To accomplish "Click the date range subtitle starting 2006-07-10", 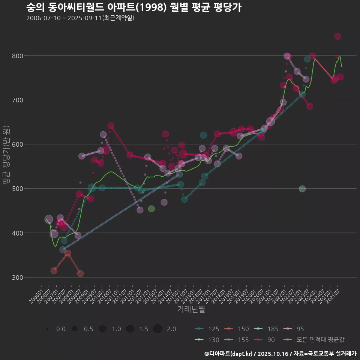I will coord(80,18).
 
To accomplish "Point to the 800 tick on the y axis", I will coord(18,56).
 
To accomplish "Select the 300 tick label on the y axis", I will coord(18,277).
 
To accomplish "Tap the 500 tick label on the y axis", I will coord(18,189).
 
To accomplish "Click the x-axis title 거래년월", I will coord(191,309).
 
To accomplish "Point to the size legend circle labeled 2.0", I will coord(157,329).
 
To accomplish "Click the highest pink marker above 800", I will coord(337,36).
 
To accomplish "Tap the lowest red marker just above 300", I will coord(81,274).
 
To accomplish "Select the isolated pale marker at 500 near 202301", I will coord(302,189).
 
